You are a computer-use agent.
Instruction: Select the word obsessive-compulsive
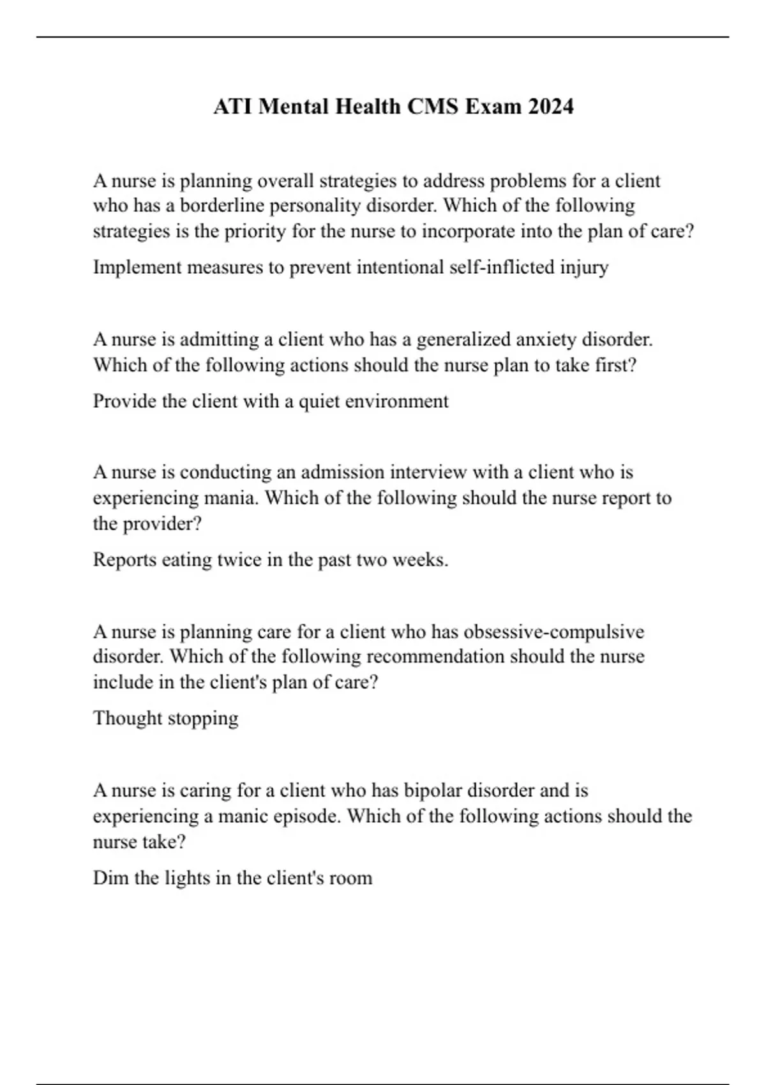tap(553, 632)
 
